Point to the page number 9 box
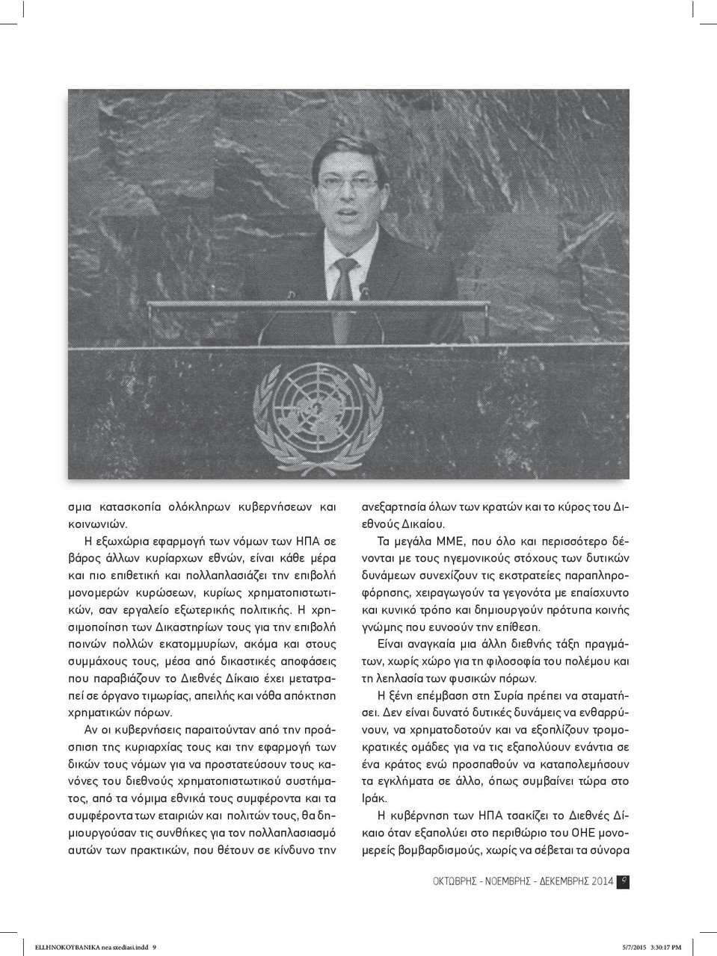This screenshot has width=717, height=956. tap(624, 881)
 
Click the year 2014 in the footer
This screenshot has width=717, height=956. tap(602, 881)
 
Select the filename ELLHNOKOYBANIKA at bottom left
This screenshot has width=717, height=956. tap(65, 947)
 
